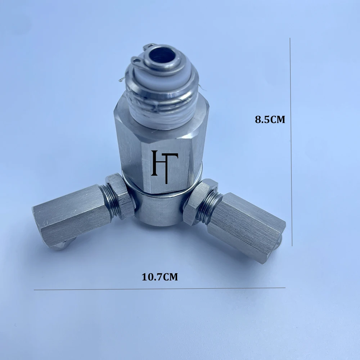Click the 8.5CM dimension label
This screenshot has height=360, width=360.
point(270,120)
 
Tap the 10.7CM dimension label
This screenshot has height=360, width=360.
point(160,277)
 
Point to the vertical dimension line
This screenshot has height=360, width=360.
point(291,144)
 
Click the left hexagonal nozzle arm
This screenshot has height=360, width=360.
point(72,216)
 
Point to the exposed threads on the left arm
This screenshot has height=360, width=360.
point(107,202)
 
